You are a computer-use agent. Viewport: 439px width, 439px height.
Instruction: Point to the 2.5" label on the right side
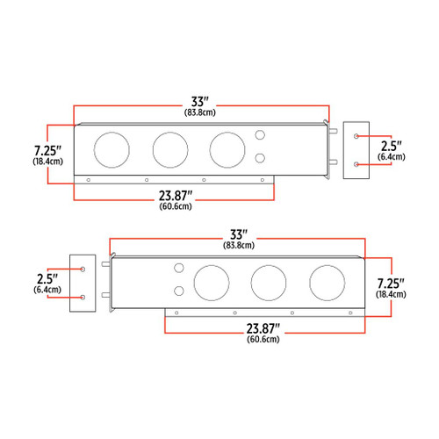click(x=390, y=144)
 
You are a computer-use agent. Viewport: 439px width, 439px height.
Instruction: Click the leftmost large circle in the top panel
click(x=112, y=150)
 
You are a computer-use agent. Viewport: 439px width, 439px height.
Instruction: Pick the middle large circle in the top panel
click(x=169, y=150)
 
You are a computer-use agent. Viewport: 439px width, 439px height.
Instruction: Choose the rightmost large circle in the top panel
click(x=227, y=150)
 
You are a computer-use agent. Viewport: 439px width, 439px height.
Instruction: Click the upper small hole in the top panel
click(x=260, y=135)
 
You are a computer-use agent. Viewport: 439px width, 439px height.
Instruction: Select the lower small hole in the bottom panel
click(x=178, y=291)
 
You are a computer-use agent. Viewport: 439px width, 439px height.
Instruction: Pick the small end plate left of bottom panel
click(x=82, y=284)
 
